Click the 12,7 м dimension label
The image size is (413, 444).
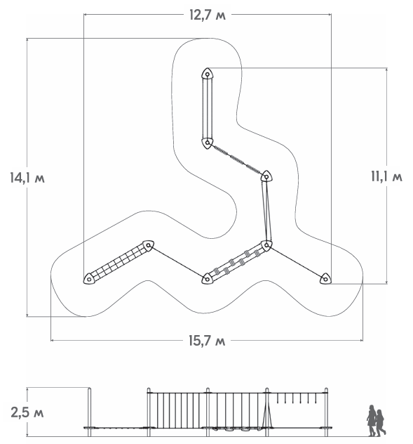(x=208, y=15)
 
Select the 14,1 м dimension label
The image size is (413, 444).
(x=27, y=178)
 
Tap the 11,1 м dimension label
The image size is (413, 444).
(x=386, y=177)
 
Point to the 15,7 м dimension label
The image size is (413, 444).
(x=208, y=340)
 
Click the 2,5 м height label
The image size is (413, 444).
(x=27, y=412)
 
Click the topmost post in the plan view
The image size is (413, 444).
(x=208, y=74)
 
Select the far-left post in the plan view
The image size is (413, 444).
(x=89, y=279)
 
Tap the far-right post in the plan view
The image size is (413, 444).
(x=325, y=279)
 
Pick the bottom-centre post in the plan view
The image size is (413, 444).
(x=208, y=279)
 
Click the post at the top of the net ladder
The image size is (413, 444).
(x=149, y=245)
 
